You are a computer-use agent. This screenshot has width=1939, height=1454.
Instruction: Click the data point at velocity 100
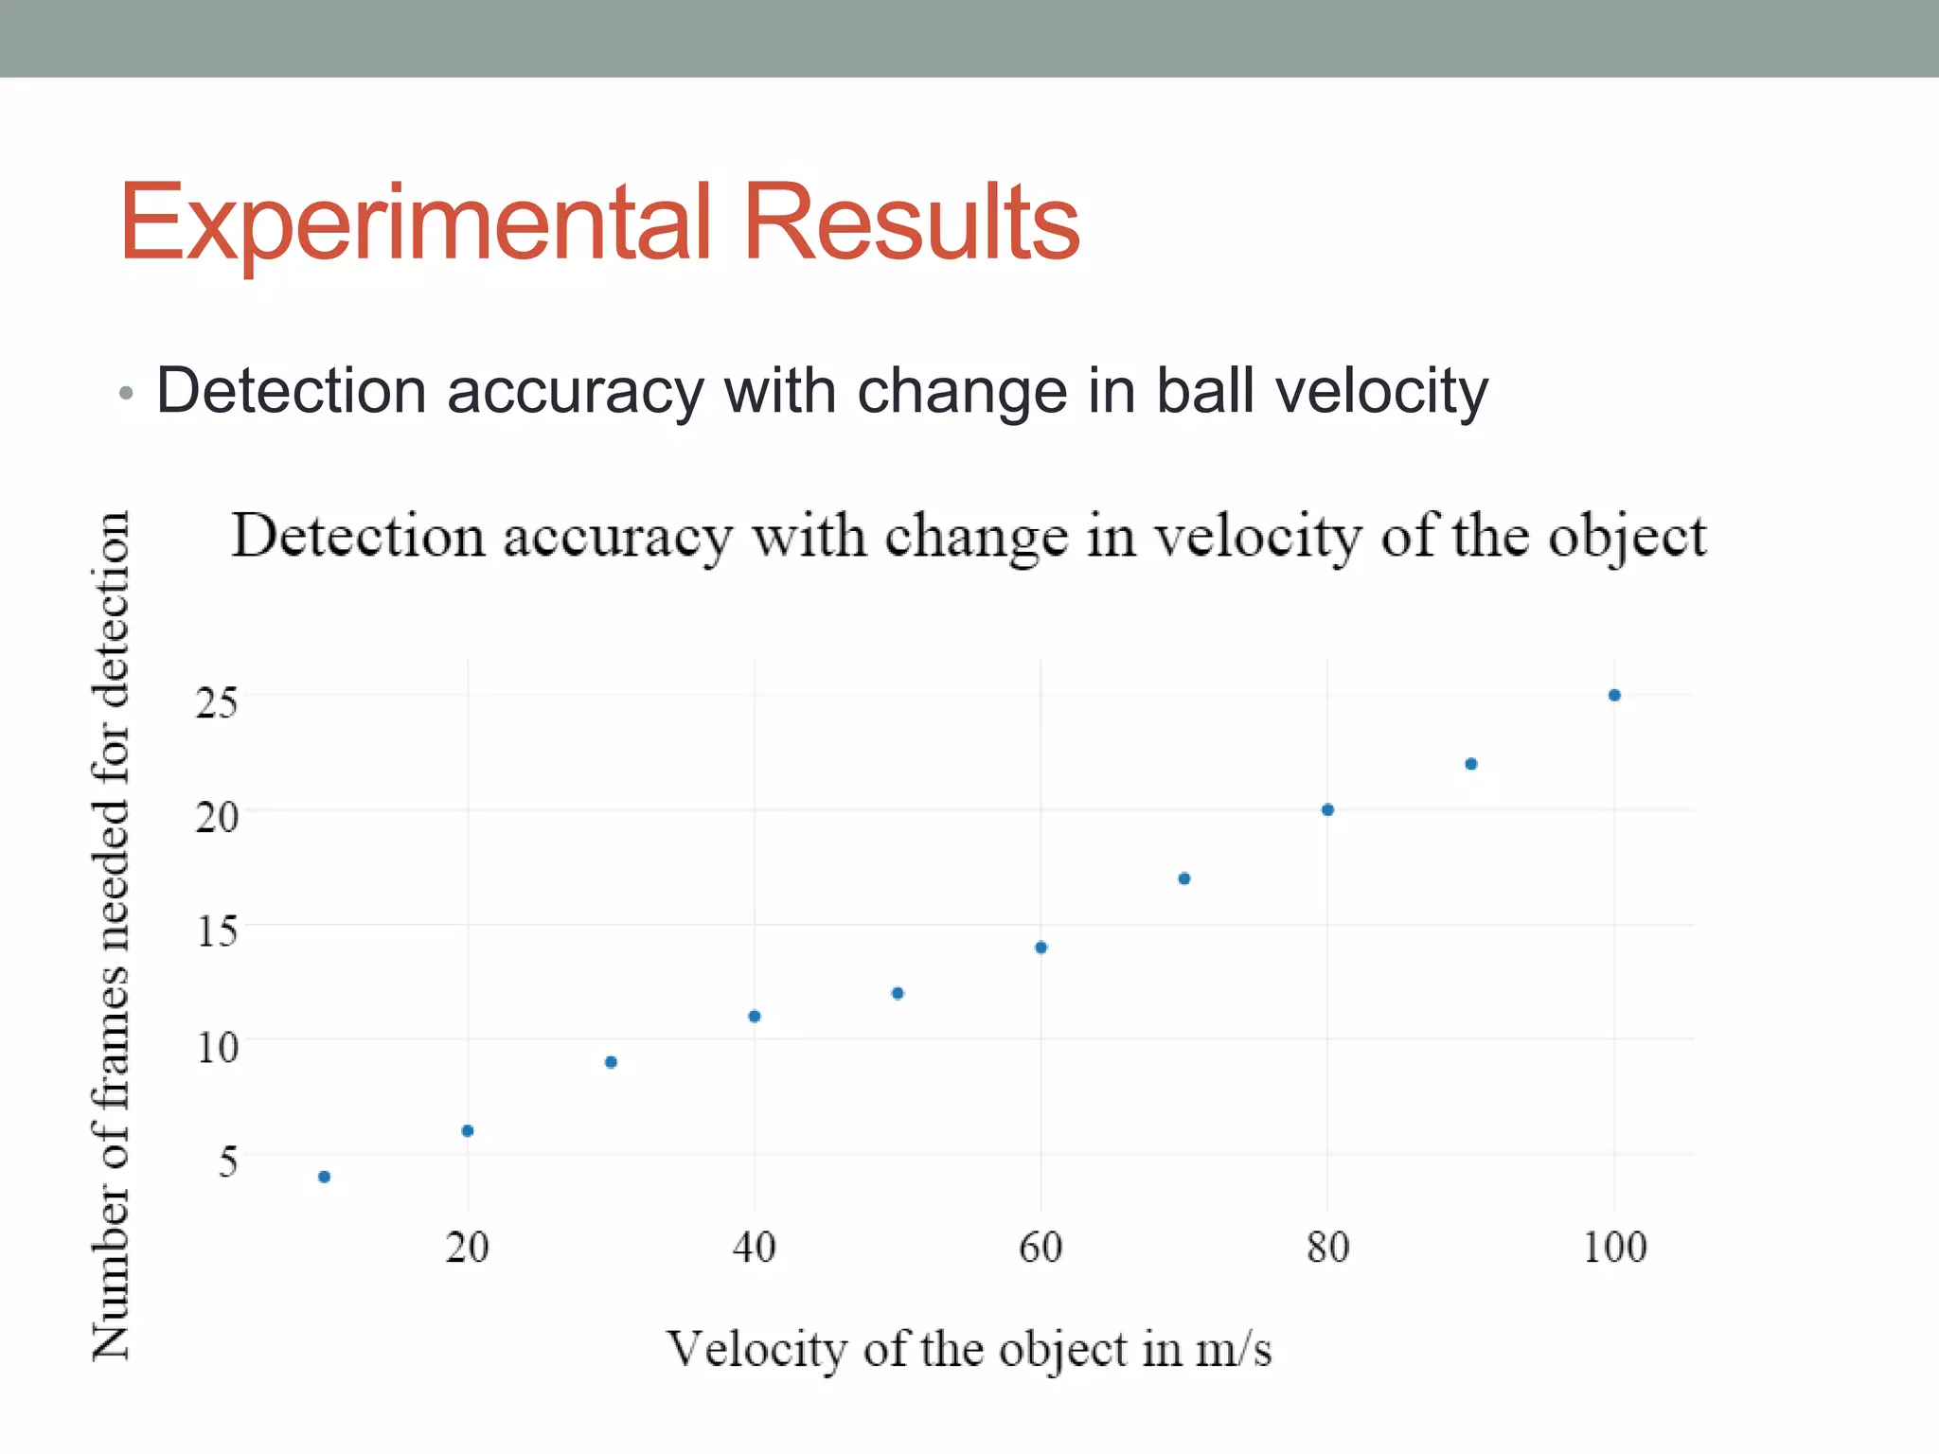click(x=1614, y=695)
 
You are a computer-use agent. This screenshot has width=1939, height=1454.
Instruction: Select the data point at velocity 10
click(x=324, y=1177)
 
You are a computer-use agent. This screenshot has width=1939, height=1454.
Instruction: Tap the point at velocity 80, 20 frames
click(x=1327, y=809)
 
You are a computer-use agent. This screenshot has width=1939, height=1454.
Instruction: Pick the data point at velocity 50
click(x=898, y=993)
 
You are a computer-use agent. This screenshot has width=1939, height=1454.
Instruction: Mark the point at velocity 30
click(x=611, y=1062)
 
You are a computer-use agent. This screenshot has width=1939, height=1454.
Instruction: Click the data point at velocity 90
click(x=1471, y=764)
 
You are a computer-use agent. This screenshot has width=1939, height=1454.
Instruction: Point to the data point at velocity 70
click(x=1183, y=878)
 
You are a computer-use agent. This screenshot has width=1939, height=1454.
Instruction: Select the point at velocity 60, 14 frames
click(x=1041, y=948)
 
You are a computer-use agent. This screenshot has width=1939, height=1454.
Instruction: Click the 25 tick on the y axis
click(x=217, y=702)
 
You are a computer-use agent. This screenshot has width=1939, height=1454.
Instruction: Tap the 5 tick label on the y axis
click(x=227, y=1161)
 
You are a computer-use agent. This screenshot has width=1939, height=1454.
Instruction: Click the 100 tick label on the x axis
click(x=1614, y=1247)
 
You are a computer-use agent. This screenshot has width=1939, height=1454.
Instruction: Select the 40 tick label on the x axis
click(x=754, y=1247)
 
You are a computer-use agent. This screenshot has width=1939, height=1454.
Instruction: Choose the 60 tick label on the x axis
click(x=1041, y=1247)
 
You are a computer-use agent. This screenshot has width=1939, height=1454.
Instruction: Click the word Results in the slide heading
click(x=911, y=222)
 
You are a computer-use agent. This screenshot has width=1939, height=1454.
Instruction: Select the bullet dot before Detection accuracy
click(x=127, y=393)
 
